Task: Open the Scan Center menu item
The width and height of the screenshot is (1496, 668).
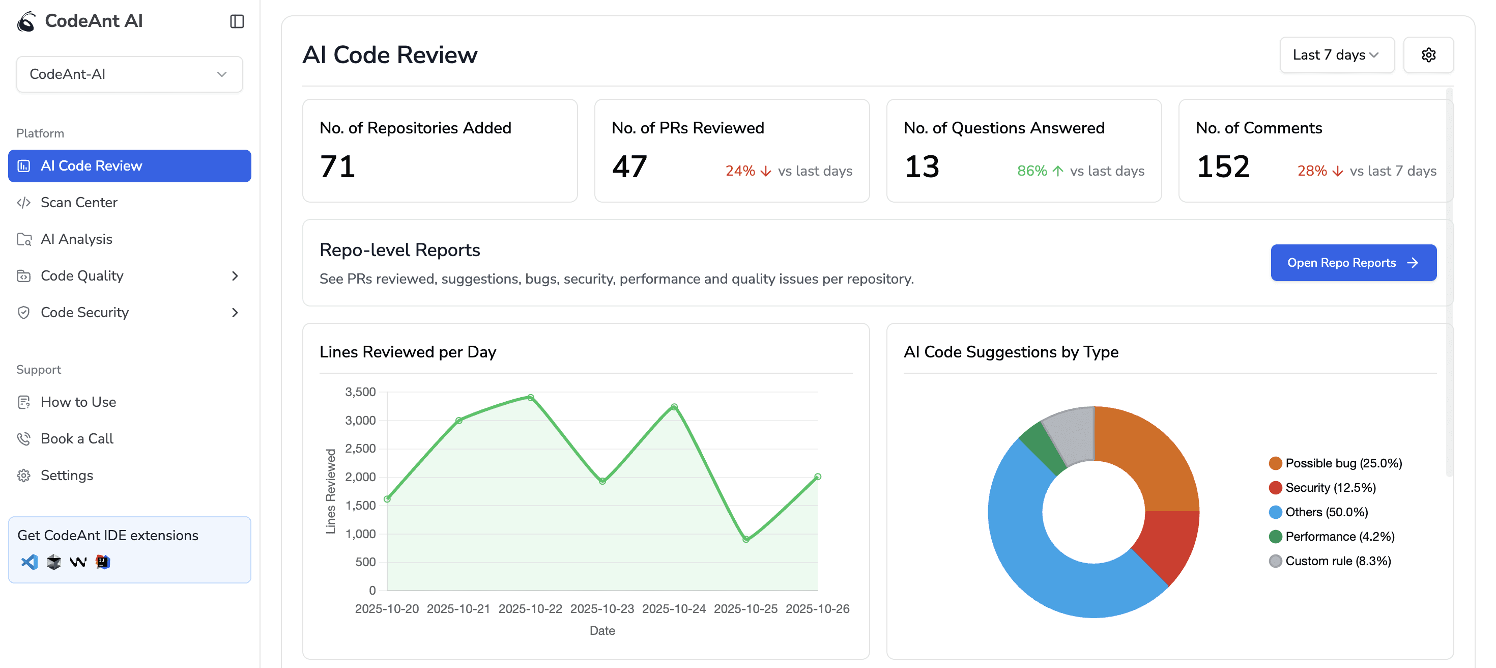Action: pos(78,202)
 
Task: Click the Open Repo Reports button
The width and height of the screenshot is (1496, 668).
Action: pos(1353,263)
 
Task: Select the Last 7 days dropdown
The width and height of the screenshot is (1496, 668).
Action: pos(1336,54)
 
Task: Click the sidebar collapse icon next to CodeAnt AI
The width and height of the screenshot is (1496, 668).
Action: pos(237,21)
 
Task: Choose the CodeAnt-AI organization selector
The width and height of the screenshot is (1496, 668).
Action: pos(129,74)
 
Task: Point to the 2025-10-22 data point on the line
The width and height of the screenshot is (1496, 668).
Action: pos(530,398)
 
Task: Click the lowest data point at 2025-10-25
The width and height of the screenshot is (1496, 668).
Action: pos(745,539)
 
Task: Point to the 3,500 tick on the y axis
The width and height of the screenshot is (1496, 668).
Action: pos(360,392)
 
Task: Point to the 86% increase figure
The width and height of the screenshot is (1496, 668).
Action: pos(1032,171)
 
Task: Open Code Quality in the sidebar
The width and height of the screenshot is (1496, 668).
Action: pos(82,275)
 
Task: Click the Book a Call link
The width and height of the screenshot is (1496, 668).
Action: pos(77,438)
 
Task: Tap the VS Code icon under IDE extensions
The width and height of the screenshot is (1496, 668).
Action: pos(29,562)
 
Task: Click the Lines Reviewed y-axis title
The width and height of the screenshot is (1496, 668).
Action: pos(330,491)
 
